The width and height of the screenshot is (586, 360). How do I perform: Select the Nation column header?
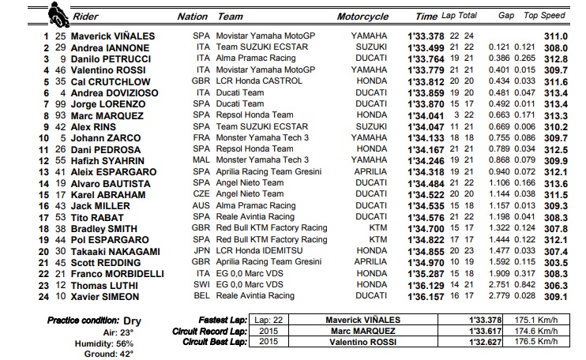click(193, 16)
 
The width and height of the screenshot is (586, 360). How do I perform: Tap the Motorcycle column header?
click(362, 16)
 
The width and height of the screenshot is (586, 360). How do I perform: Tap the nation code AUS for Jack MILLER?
click(201, 205)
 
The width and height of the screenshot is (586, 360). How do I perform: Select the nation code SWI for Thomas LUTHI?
click(201, 285)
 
